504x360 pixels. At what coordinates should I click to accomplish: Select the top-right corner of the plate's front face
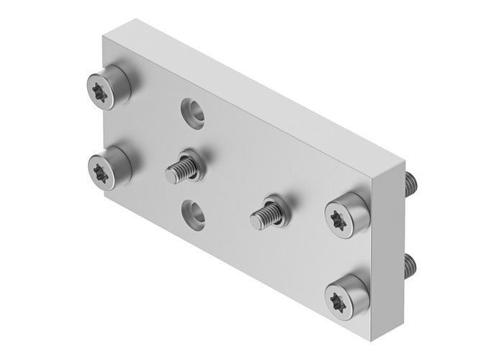point(374,176)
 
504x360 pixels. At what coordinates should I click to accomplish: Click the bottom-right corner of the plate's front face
point(374,333)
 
